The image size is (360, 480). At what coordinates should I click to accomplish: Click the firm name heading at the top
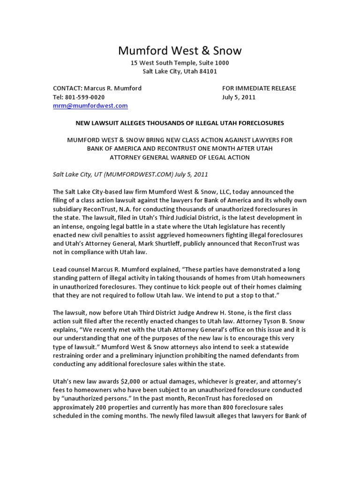coord(180,50)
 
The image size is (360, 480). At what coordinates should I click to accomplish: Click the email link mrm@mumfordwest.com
coord(90,106)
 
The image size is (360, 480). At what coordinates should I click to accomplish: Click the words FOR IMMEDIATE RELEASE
coord(259,88)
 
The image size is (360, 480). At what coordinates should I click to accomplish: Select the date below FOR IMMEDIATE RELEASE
coord(239,97)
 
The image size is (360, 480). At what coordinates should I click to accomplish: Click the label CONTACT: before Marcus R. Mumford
coord(67,88)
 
